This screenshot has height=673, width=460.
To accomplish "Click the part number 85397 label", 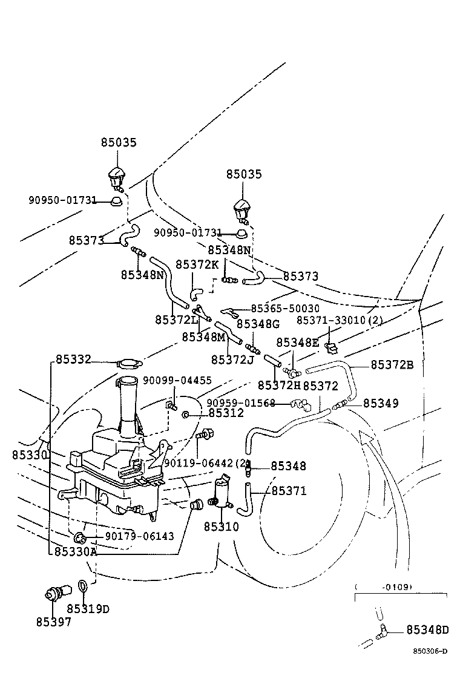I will tap(53, 622).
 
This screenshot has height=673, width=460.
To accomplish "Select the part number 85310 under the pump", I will tap(221, 527).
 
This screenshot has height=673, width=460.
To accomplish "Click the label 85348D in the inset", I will tap(427, 631).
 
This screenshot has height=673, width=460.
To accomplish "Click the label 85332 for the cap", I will tap(73, 360).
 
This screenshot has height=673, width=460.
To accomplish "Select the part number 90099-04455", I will tap(177, 381).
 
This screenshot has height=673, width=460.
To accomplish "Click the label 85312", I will tap(226, 413).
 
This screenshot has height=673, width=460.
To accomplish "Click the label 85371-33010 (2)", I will tap(340, 320).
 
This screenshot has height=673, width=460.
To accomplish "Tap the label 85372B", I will tap(392, 364).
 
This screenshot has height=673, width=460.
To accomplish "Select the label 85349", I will tap(381, 402).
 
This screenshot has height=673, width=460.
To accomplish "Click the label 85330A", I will tap(75, 552).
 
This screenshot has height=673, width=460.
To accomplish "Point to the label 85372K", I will tap(197, 264).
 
